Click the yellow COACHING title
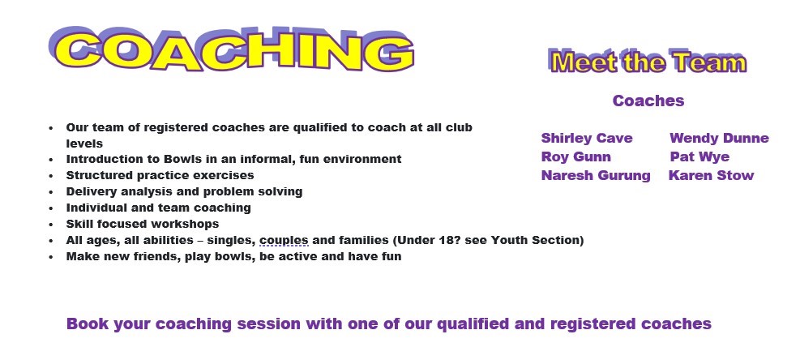231,49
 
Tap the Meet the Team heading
648,62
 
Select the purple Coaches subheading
648,101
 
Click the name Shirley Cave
587,138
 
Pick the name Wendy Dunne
719,138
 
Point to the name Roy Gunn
576,156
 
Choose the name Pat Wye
699,156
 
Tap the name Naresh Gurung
596,175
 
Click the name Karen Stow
711,175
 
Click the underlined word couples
284,241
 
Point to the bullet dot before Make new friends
51,257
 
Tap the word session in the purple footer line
269,324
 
